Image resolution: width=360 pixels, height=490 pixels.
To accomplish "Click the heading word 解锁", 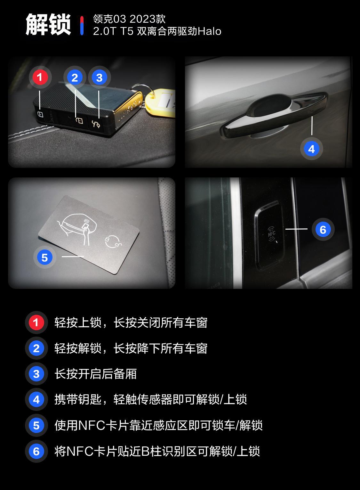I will [48, 25].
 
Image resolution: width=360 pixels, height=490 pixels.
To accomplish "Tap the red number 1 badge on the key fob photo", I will [40, 77].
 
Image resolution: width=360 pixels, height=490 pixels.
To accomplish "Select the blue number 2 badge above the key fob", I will [75, 78].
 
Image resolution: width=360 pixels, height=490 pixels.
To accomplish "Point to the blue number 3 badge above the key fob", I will [99, 78].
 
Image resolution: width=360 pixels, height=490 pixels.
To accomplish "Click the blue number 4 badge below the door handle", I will [311, 149].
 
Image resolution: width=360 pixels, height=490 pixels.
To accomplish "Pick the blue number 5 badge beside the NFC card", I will [44, 257].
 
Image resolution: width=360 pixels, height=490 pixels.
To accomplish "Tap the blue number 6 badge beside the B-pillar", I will [323, 229].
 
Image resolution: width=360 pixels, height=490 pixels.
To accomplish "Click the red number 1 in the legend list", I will [36, 323].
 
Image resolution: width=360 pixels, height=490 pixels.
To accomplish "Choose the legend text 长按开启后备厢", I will [95, 374].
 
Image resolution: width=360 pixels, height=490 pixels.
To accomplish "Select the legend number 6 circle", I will [36, 451].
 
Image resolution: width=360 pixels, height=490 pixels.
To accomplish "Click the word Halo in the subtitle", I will [210, 31].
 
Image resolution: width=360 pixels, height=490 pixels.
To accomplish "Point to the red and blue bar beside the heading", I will [82, 25].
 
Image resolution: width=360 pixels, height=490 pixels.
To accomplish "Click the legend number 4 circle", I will [36, 400].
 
